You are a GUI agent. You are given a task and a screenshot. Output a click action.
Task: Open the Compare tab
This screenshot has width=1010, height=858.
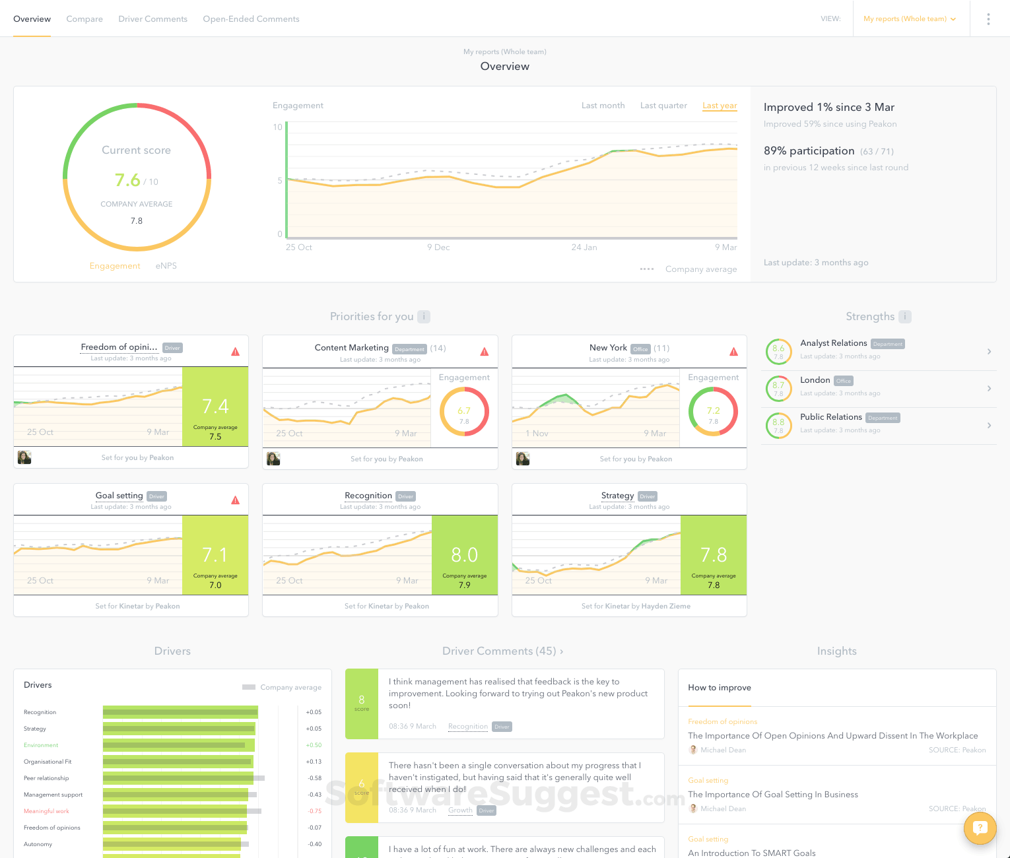click(x=84, y=19)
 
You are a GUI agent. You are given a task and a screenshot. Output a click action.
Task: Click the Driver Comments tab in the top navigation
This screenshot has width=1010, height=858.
click(x=152, y=19)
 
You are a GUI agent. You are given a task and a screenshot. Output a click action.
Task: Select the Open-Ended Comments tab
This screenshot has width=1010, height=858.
click(x=251, y=19)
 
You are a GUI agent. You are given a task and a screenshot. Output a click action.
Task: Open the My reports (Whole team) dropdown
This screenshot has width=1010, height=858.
click(x=909, y=19)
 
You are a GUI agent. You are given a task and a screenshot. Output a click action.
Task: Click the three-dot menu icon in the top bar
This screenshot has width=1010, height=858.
click(x=988, y=19)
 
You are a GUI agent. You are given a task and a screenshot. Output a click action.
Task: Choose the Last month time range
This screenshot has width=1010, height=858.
click(x=603, y=106)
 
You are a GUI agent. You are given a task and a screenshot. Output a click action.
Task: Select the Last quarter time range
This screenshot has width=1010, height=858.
click(x=663, y=106)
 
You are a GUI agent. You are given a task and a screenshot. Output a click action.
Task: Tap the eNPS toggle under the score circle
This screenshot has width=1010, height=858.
click(x=166, y=266)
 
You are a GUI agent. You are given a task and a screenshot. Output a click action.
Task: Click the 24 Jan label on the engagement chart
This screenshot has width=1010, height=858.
click(x=584, y=247)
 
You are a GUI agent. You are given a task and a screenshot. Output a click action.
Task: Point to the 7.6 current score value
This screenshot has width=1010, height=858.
click(x=127, y=180)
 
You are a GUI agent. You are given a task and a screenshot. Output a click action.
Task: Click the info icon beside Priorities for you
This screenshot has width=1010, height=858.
click(x=424, y=317)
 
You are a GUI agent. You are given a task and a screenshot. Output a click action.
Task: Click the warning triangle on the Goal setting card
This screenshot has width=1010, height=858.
click(x=236, y=500)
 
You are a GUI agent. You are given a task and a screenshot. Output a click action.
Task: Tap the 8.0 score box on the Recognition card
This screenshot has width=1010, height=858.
click(x=465, y=555)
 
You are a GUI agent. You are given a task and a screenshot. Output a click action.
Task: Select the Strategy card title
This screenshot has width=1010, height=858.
click(x=617, y=496)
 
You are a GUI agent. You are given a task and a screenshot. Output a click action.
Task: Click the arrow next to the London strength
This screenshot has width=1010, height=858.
click(x=989, y=389)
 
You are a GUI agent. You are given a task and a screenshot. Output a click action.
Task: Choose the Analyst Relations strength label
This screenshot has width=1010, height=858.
click(x=833, y=343)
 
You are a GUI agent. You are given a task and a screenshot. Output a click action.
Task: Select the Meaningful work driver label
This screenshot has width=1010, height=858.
click(x=46, y=811)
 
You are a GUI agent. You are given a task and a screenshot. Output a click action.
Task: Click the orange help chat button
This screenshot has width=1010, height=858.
click(x=980, y=828)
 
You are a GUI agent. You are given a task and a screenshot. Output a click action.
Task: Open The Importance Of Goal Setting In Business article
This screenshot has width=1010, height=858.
click(x=773, y=795)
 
